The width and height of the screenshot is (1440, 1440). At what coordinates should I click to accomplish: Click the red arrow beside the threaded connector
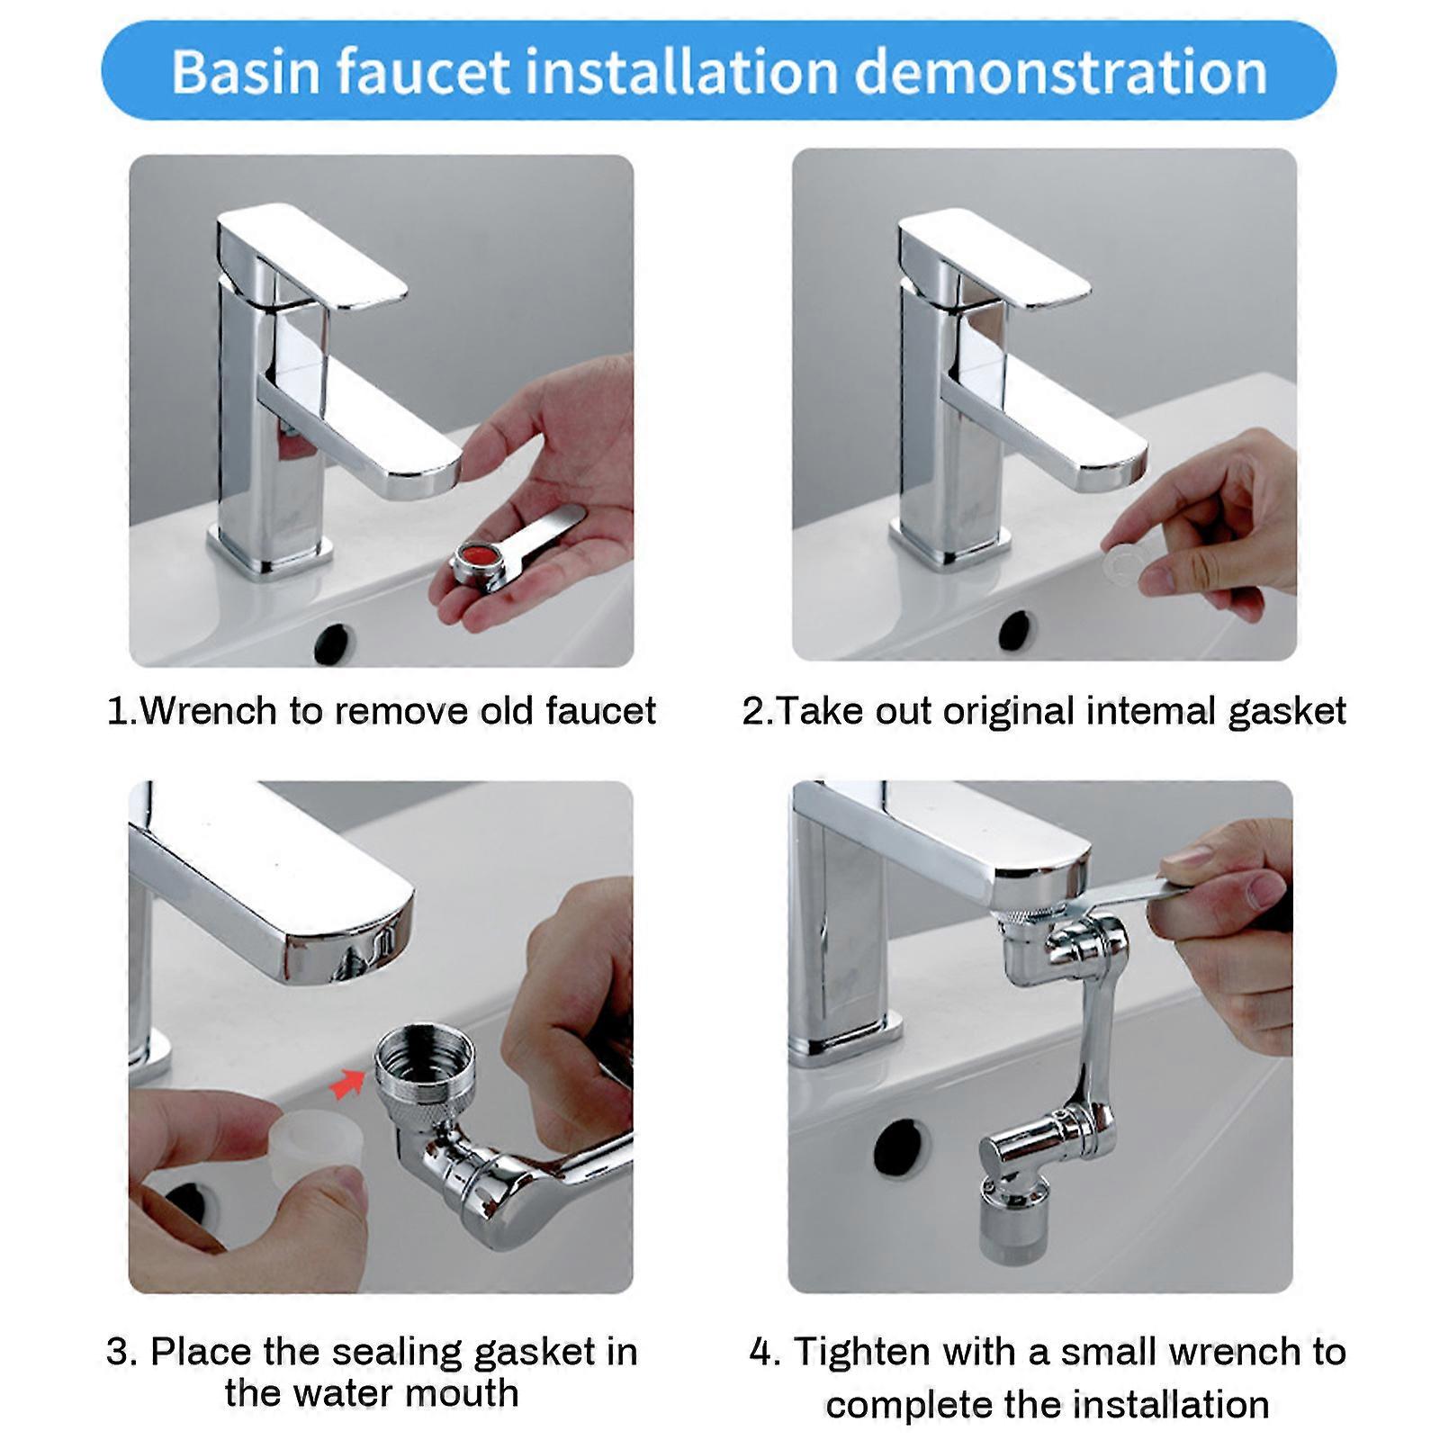347,1083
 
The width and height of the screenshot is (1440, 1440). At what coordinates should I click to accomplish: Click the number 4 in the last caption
760,1353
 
